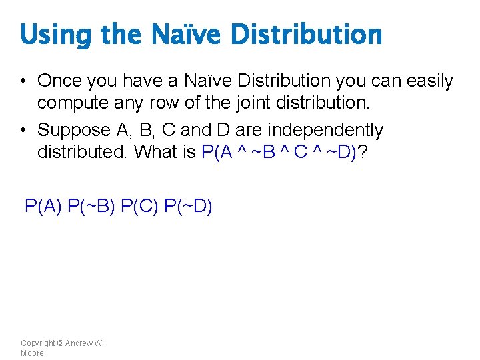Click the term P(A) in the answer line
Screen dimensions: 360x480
(43, 206)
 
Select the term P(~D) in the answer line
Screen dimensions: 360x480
(188, 206)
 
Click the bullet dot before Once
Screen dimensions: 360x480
(23, 82)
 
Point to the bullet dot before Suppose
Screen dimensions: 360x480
(23, 131)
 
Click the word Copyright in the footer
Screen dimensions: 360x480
(37, 343)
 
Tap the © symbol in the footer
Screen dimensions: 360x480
(60, 343)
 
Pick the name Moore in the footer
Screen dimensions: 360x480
(32, 353)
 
